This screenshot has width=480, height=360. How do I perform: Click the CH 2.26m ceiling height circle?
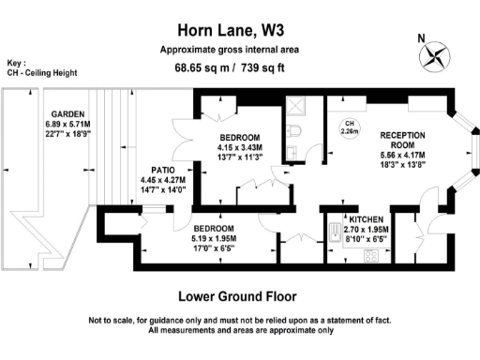(x=350, y=127)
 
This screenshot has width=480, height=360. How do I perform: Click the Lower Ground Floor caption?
(x=237, y=296)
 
